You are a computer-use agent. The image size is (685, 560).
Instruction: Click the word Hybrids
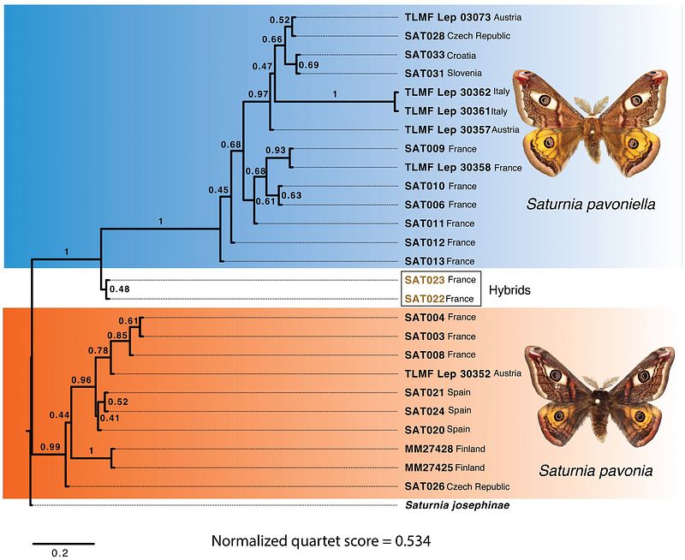point(509,290)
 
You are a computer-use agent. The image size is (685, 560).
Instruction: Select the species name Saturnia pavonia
point(590,470)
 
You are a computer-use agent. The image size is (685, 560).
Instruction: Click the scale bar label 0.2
point(59,552)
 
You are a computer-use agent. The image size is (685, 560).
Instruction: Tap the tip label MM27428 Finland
point(444,449)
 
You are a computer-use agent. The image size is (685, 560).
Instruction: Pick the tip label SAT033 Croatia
point(438,55)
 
